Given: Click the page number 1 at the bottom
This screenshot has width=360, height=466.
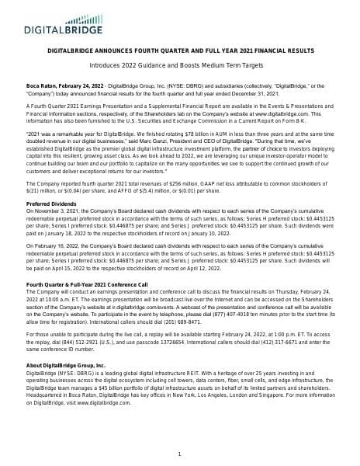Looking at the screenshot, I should click(179, 454).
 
